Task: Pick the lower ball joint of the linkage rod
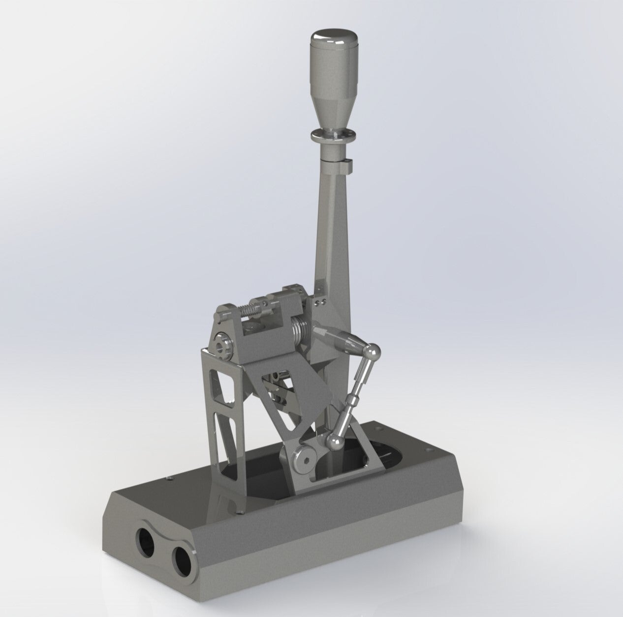coord(336,443)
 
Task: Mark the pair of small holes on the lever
coord(321,297)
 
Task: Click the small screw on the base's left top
coord(169,476)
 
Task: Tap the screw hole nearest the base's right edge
coord(432,449)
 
